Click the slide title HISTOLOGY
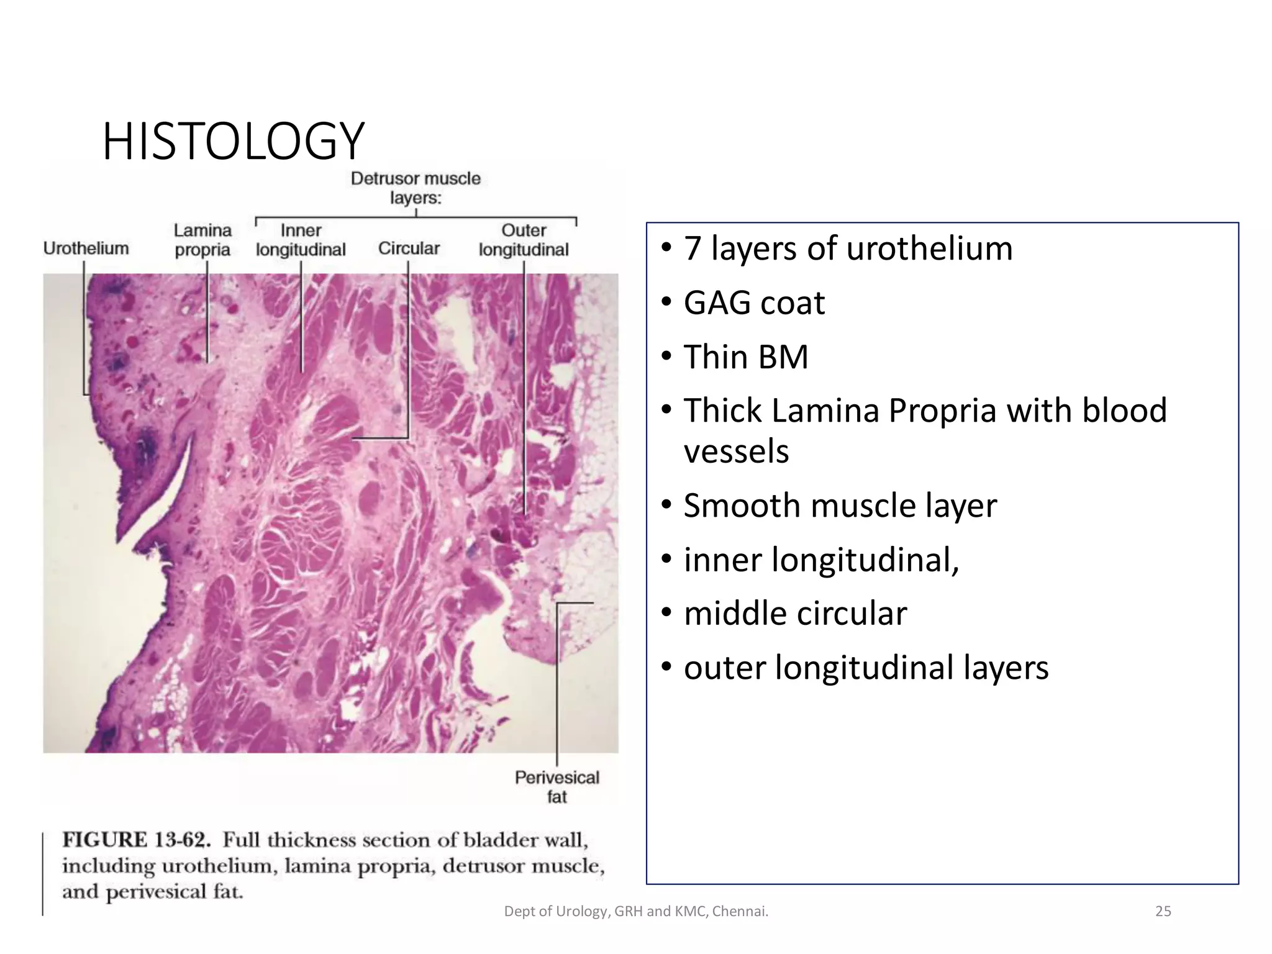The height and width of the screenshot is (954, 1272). pos(233,142)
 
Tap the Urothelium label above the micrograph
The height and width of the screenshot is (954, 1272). pos(86,248)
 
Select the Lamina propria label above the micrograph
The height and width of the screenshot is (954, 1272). pos(202,240)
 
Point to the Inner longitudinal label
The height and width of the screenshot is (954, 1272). pos(301,240)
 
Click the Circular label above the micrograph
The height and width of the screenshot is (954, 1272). pos(409,248)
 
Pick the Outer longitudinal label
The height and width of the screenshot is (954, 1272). pos(524,240)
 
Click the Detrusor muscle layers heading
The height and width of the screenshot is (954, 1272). pos(416,188)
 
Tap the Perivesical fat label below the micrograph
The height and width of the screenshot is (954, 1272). pos(556,786)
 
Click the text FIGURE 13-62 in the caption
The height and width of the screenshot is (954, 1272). pos(137,840)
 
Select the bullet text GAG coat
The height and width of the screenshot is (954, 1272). pos(754,303)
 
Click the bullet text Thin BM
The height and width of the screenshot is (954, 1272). pos(745,357)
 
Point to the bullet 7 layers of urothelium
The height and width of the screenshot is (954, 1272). pos(848,248)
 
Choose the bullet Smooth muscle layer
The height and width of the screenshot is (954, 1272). pos(840,506)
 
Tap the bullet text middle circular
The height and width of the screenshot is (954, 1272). pos(795,614)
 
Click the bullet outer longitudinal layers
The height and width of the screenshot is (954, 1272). pos(866,668)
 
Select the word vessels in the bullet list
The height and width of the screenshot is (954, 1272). pos(736,452)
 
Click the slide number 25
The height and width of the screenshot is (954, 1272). pos(1163,911)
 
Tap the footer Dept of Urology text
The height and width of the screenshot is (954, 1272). pos(636,911)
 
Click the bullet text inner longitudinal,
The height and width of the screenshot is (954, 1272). pos(821,560)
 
